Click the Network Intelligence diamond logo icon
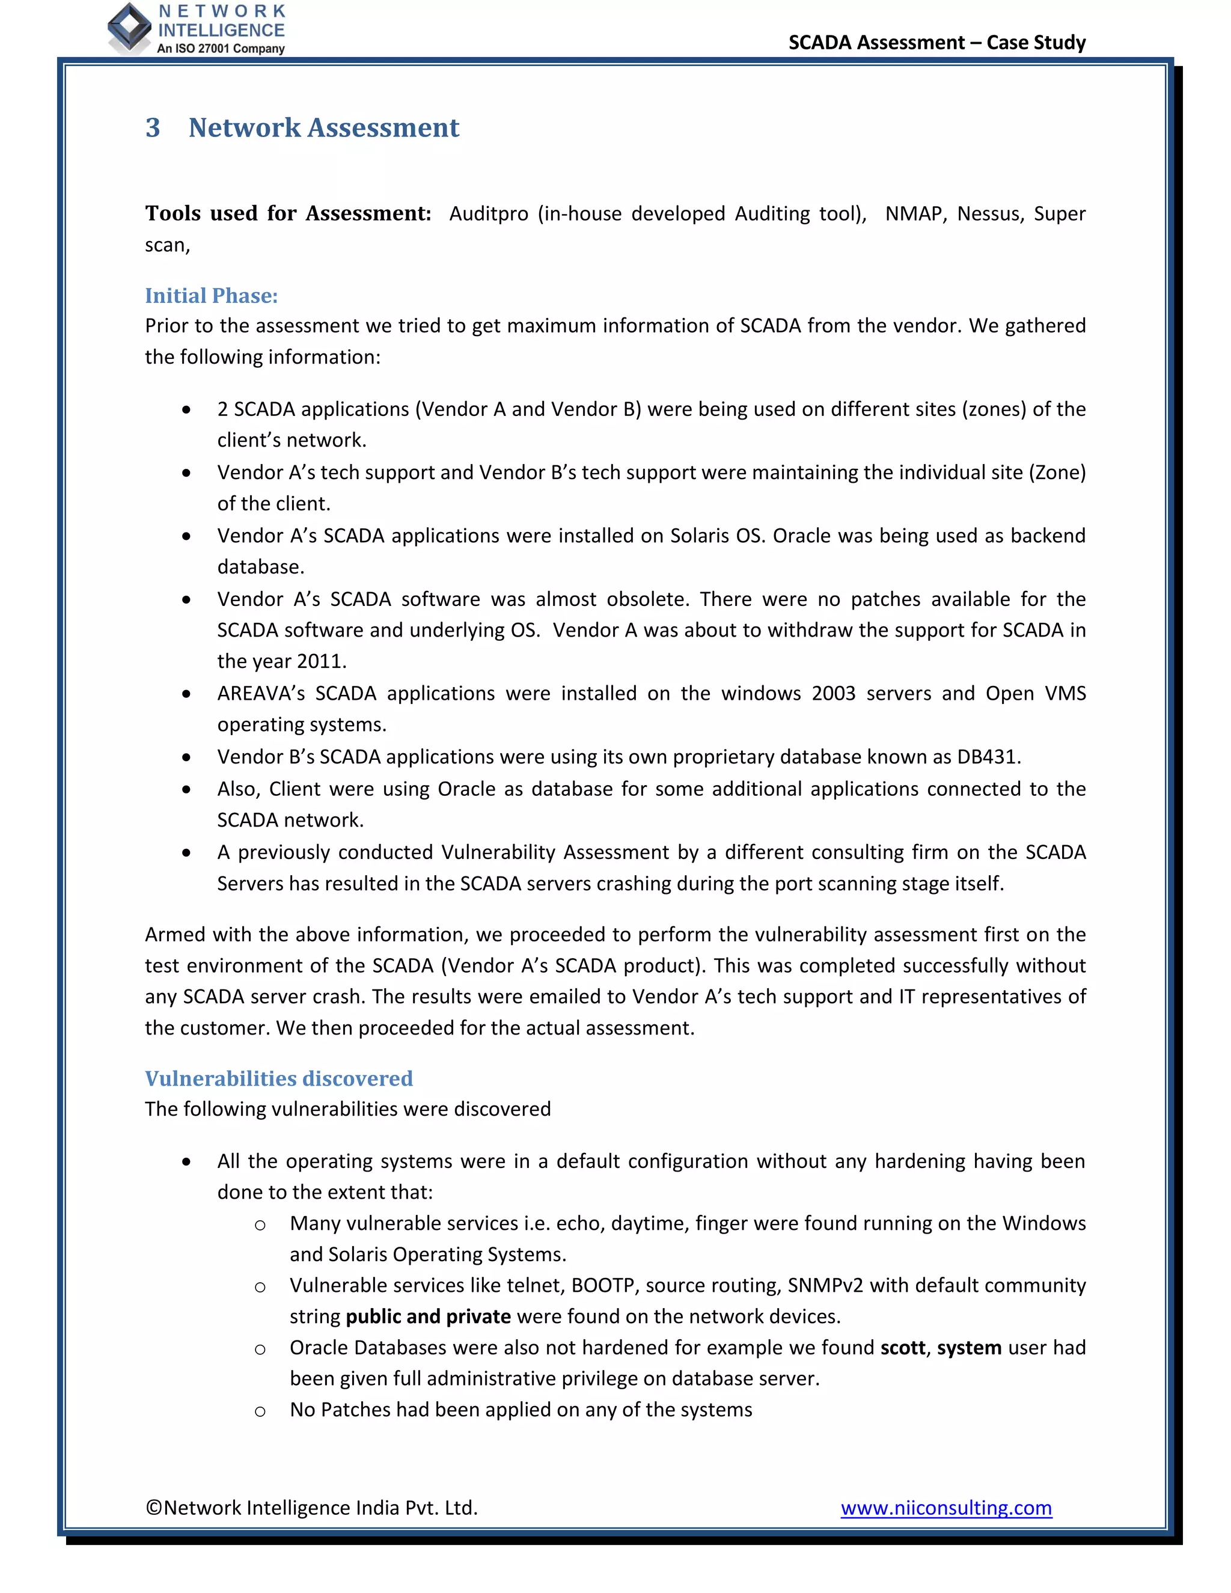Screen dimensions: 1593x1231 coord(129,28)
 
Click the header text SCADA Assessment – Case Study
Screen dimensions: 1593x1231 coord(936,42)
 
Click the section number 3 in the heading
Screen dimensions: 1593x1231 coord(153,127)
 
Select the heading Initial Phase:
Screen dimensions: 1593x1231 coord(211,295)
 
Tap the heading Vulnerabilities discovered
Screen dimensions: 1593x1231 coord(278,1078)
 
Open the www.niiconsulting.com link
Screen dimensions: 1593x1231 coord(946,1508)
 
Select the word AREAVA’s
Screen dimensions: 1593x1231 coord(261,693)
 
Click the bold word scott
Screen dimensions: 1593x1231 coord(902,1348)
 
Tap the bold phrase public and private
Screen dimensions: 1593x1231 coord(428,1316)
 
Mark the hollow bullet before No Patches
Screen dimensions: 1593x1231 coord(260,1411)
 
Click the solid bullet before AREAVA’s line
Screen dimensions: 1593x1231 coord(187,694)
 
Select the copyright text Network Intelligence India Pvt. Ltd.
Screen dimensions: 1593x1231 coord(311,1508)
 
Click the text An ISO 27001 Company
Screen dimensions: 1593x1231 coord(221,49)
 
